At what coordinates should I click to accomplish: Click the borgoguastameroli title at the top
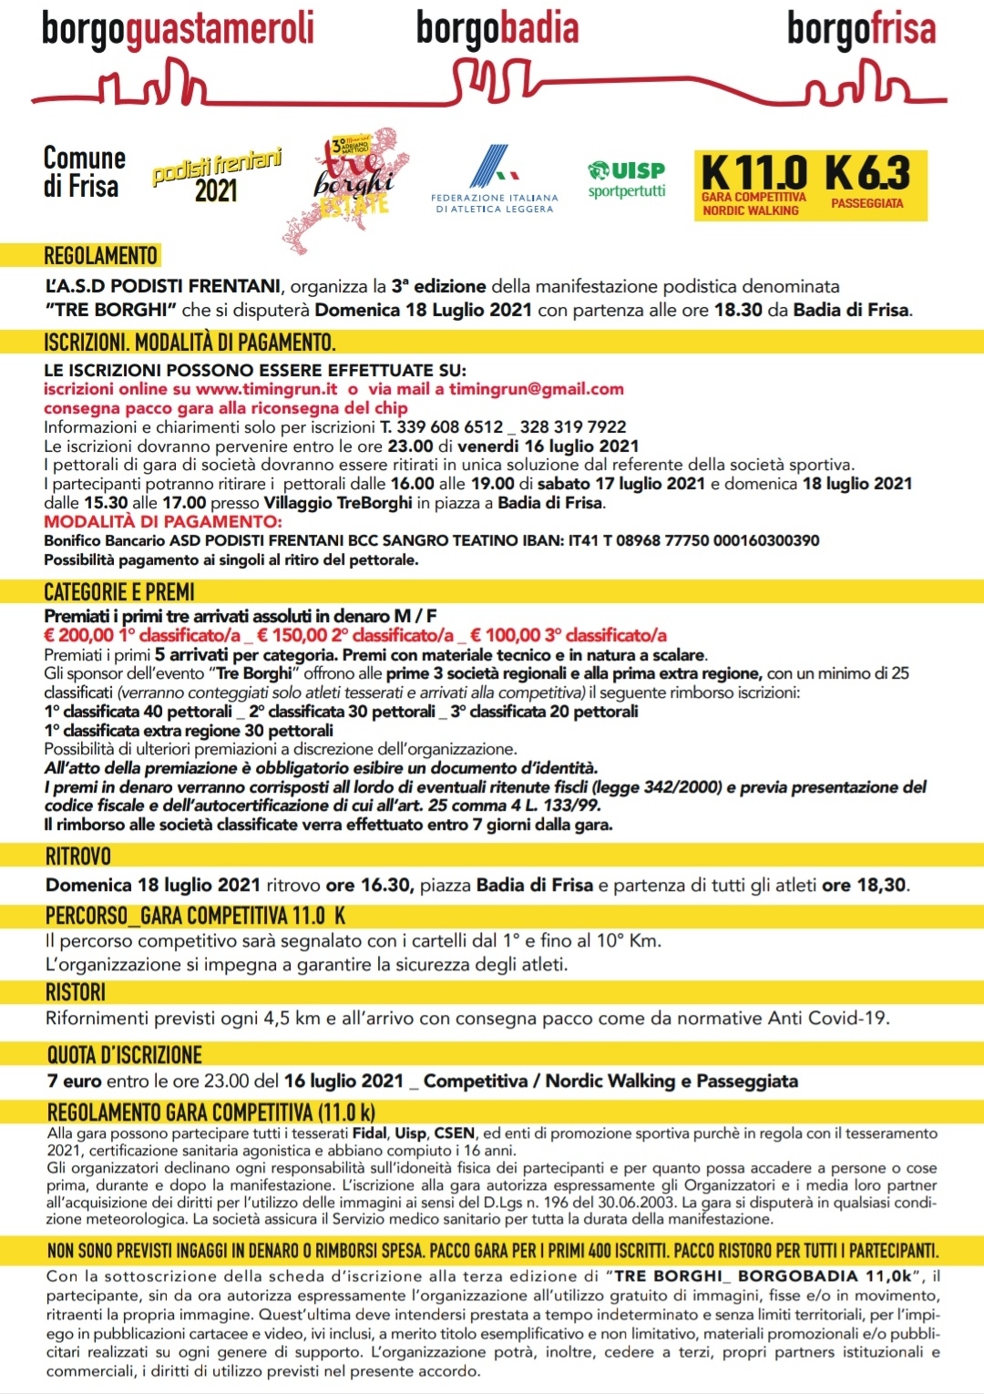[x=178, y=29]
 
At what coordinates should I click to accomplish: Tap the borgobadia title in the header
[x=497, y=29]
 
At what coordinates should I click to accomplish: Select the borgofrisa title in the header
[x=861, y=29]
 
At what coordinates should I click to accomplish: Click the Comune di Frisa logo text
[x=83, y=172]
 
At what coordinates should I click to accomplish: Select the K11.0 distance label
[x=753, y=174]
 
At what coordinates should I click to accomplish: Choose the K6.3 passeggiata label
[x=867, y=174]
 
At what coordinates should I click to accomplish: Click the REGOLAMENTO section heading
[x=101, y=256]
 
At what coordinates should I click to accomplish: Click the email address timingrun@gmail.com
[x=537, y=389]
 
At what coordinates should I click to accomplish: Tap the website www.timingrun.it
[x=266, y=389]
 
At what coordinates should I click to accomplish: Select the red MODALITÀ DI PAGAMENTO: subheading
[x=163, y=521]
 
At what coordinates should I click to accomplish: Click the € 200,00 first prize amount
[x=79, y=635]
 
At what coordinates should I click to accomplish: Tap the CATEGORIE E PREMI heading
[x=119, y=592]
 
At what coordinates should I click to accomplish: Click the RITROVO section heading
[x=78, y=856]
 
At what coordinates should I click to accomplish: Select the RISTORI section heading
[x=76, y=992]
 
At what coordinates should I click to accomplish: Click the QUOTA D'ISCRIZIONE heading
[x=125, y=1055]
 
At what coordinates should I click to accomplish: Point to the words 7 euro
[x=75, y=1081]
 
